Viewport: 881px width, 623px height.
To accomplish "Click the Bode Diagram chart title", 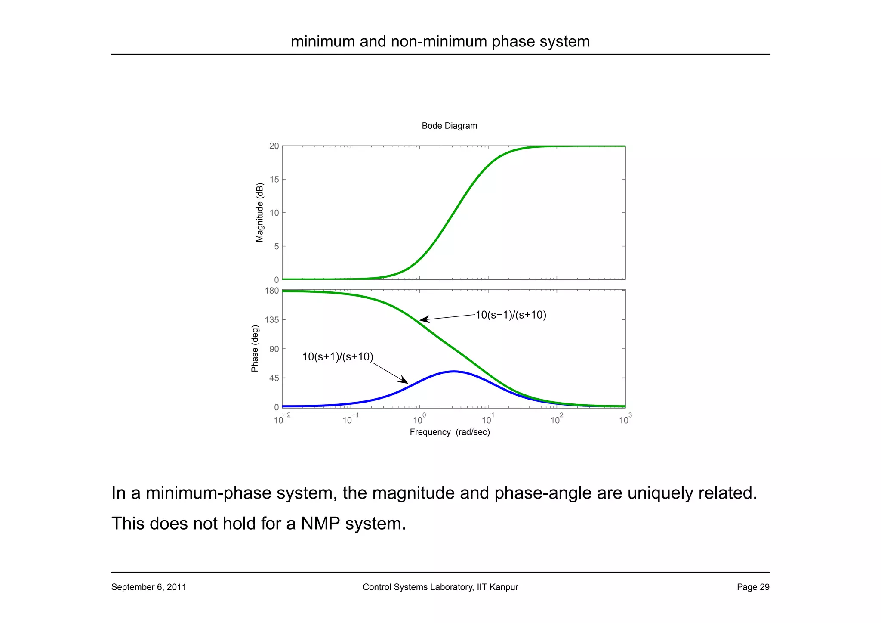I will point(449,126).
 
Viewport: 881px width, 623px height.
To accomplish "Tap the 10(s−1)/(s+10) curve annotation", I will point(511,315).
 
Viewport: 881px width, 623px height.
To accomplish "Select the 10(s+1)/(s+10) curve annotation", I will point(338,357).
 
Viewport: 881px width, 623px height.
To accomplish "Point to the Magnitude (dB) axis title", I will point(259,213).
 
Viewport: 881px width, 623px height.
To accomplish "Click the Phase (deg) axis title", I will point(255,348).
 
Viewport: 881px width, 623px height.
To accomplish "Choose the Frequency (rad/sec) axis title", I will point(450,432).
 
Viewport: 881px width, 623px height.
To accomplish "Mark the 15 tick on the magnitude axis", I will point(274,180).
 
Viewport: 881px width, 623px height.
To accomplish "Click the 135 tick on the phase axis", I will point(272,320).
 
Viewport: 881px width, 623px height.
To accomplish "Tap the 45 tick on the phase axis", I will point(274,378).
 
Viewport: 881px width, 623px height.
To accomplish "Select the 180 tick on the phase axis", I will point(272,291).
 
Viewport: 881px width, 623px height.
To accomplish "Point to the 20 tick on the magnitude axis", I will point(274,146).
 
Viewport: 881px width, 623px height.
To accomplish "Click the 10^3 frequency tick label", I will point(625,419).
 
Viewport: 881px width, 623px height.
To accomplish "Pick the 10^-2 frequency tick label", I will point(282,419).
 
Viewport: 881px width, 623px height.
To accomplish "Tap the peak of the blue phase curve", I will point(453,371).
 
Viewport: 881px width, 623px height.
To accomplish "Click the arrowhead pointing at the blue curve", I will point(405,381).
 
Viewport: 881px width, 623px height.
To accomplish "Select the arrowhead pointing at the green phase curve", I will point(423,319).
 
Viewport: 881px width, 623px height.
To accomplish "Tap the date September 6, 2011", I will point(148,587).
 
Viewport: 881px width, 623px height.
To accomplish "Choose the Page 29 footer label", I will point(753,587).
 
